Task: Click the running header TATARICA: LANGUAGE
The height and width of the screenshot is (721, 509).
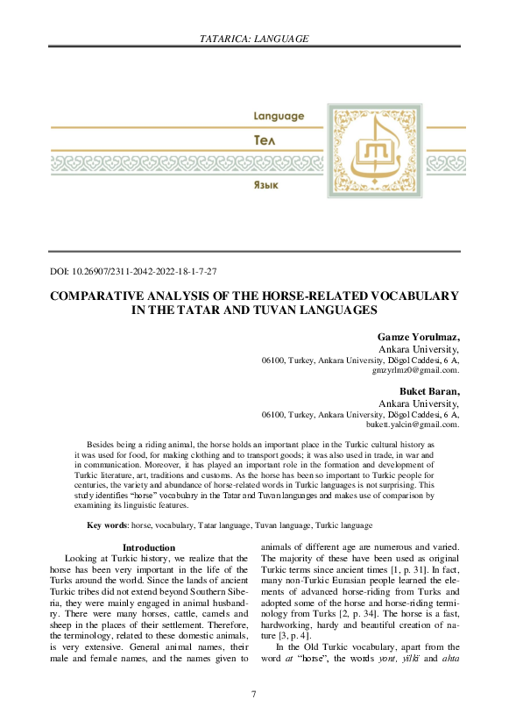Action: [254, 39]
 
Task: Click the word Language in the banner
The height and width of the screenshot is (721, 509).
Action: [279, 116]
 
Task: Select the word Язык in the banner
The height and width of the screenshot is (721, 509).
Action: [266, 186]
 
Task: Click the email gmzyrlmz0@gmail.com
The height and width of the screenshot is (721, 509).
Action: [416, 370]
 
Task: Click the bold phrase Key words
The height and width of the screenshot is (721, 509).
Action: [106, 525]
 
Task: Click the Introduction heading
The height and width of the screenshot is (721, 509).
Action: [149, 547]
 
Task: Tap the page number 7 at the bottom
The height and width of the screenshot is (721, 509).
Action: [254, 695]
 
